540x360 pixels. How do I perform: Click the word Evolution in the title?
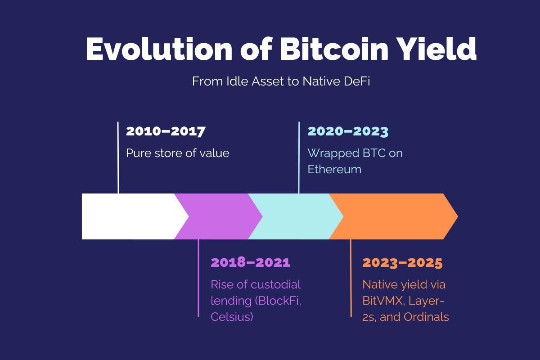[159, 49]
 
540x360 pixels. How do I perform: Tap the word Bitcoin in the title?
[334, 49]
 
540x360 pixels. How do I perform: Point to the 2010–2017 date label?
[166, 131]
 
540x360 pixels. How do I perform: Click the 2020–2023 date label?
[348, 131]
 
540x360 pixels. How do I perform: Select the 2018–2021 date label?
[250, 263]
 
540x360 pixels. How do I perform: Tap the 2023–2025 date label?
[402, 263]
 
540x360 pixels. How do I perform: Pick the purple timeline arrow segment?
[218, 216]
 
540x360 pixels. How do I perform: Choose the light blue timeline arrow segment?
[296, 216]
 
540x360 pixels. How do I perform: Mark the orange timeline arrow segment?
[393, 216]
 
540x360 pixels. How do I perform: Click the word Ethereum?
[334, 169]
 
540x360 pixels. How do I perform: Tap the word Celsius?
[232, 317]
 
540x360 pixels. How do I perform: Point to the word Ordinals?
[426, 317]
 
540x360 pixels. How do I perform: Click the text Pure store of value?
[177, 153]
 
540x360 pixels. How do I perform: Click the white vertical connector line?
[118, 157]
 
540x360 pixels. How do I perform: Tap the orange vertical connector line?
[351, 278]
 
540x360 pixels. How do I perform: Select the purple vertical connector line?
[198, 278]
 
